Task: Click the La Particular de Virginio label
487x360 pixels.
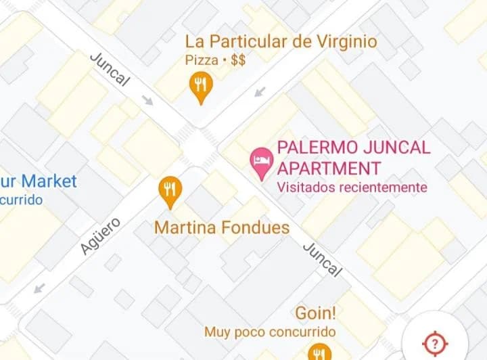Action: click(x=281, y=42)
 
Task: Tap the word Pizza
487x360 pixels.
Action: click(x=201, y=60)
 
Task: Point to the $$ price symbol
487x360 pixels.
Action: click(x=237, y=60)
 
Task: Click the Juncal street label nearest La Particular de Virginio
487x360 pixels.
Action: click(x=110, y=68)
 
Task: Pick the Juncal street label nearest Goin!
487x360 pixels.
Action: click(x=322, y=258)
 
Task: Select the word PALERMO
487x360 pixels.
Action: click(x=317, y=148)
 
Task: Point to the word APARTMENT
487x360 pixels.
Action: click(x=329, y=168)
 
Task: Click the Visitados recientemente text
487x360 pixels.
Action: click(x=352, y=187)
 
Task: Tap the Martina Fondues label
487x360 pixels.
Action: click(x=221, y=227)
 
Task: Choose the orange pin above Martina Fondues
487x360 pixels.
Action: click(x=170, y=191)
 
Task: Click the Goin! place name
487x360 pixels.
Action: click(x=316, y=314)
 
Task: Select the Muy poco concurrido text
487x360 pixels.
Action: click(x=270, y=332)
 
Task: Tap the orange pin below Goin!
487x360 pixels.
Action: click(x=319, y=353)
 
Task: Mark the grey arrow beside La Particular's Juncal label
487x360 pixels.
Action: click(x=147, y=102)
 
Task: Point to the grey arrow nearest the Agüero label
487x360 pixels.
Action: click(x=39, y=288)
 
